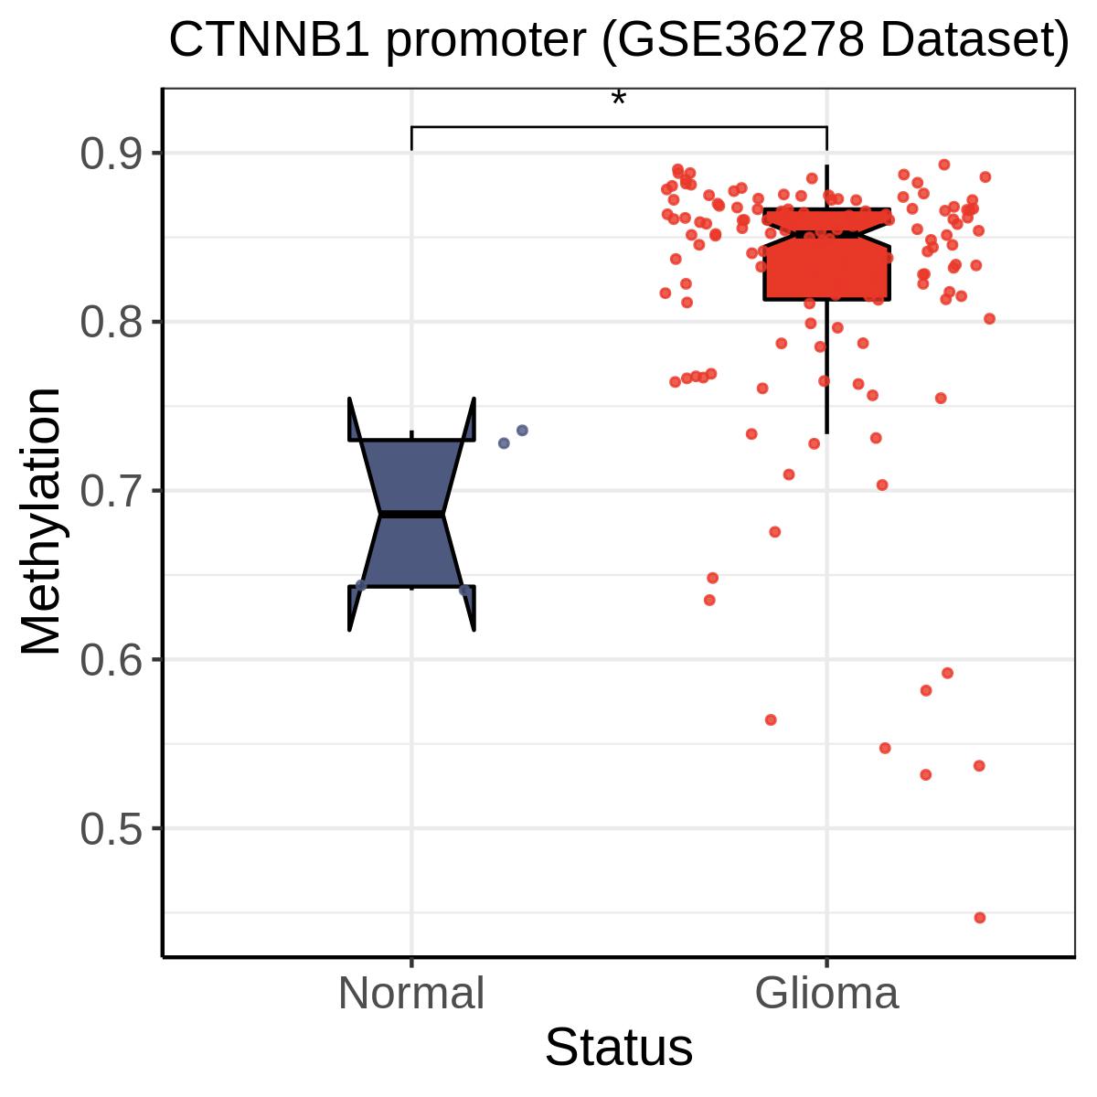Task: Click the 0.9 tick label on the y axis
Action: point(111,154)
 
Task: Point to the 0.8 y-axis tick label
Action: point(111,322)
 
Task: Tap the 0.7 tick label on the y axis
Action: point(111,491)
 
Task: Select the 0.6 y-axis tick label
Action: point(111,660)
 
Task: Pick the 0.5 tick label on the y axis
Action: point(111,829)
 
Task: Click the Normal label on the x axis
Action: point(411,994)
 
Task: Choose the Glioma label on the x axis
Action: point(826,994)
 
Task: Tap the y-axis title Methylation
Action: point(40,521)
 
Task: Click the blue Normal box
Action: point(411,514)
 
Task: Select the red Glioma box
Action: point(826,254)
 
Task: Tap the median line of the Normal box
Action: point(411,515)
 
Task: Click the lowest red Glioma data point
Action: point(980,918)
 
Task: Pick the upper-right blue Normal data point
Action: point(522,431)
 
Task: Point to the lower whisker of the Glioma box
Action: point(826,367)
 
